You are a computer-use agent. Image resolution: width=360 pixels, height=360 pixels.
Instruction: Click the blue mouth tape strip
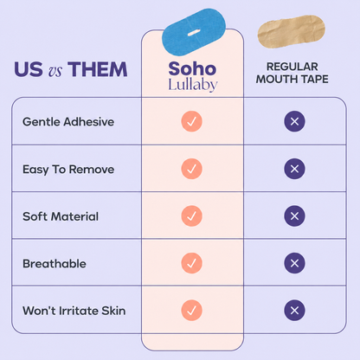[x=194, y=32]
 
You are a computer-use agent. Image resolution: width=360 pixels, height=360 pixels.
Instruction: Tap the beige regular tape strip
[x=292, y=31]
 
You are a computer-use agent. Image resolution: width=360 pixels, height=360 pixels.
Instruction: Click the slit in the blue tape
[x=194, y=33]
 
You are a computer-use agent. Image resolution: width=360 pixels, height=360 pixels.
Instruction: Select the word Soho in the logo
[x=192, y=68]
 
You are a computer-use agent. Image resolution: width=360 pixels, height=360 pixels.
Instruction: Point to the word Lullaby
[x=193, y=85]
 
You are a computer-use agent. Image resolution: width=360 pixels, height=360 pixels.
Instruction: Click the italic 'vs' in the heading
[x=55, y=71]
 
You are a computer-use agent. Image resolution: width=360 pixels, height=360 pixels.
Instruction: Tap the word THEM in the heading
[x=98, y=69]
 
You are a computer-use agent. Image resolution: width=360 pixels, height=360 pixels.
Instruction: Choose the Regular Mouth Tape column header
[x=292, y=73]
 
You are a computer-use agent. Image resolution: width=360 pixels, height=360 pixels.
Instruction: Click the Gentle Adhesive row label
[x=68, y=122]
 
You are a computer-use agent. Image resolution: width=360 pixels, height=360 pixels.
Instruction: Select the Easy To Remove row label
[x=68, y=170]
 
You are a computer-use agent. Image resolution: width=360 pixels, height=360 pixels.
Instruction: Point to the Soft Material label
[x=61, y=216]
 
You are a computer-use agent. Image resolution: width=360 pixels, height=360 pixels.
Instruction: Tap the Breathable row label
[x=55, y=264]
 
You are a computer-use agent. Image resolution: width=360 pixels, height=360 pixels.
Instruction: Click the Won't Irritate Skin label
[x=74, y=311]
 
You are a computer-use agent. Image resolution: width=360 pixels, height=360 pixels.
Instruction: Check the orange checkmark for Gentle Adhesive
[x=191, y=121]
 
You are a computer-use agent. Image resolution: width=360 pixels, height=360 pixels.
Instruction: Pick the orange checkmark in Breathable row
[x=191, y=263]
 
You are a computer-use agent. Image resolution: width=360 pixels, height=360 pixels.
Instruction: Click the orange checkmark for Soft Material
[x=191, y=215]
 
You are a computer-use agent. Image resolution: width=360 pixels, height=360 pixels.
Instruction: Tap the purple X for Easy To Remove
[x=294, y=169]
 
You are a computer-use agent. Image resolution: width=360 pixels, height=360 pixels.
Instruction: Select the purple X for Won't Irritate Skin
[x=294, y=311]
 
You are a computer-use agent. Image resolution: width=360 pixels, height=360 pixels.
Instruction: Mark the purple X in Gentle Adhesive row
[x=294, y=121]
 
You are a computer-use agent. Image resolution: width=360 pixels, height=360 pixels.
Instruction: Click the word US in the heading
[x=29, y=69]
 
